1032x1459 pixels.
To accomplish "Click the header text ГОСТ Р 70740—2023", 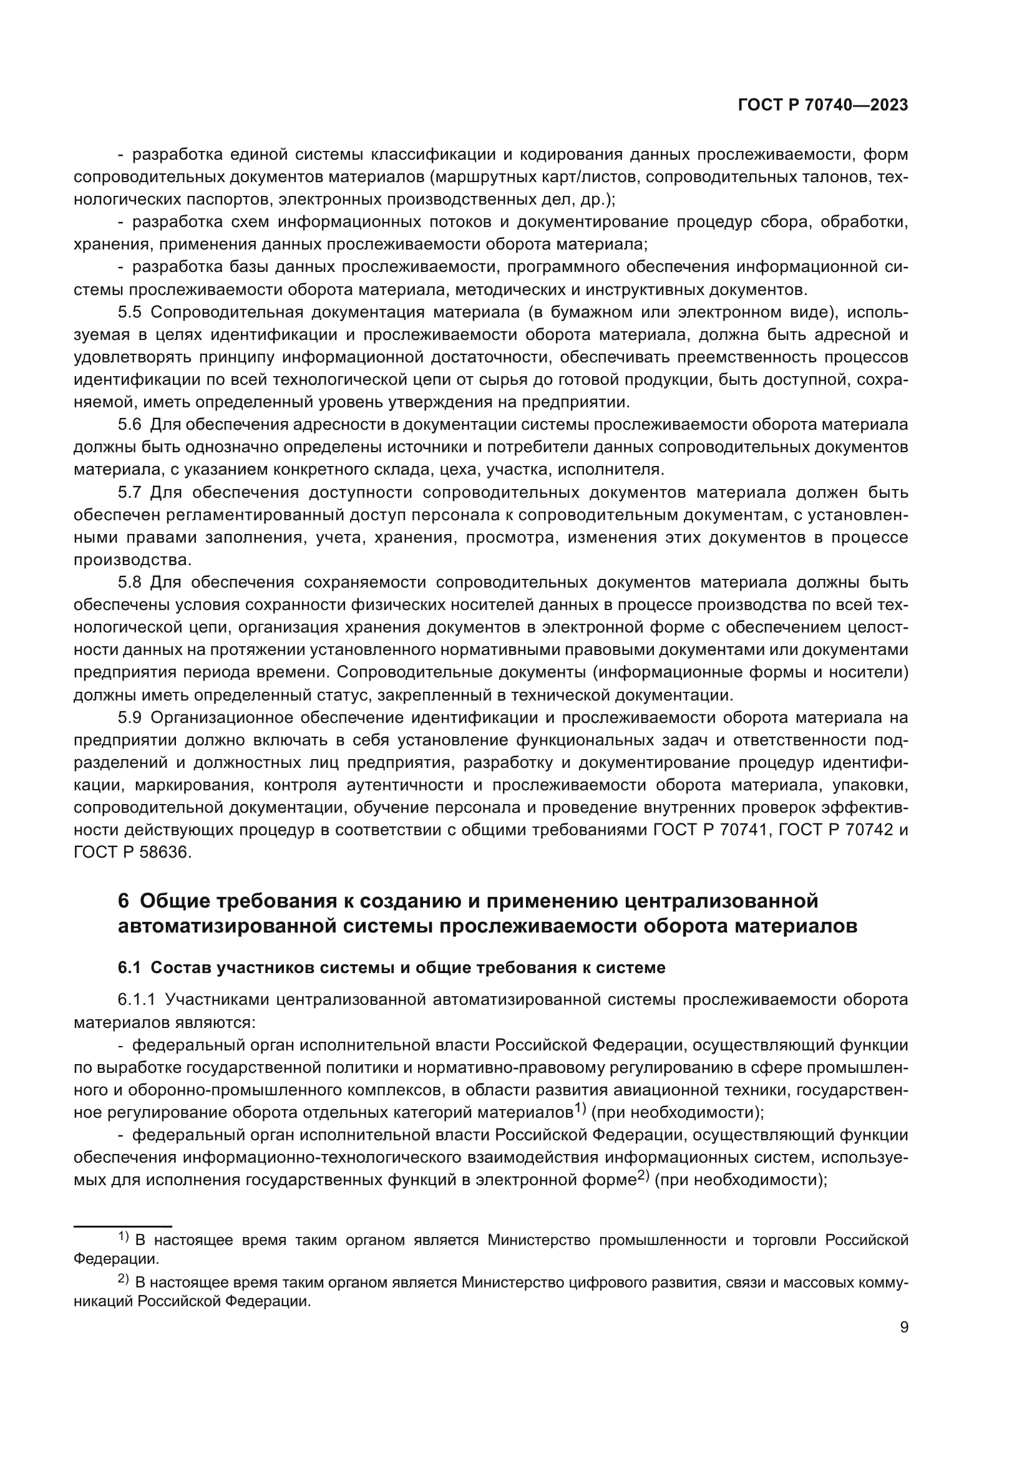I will click(823, 106).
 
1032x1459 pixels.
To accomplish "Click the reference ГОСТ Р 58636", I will click(132, 853).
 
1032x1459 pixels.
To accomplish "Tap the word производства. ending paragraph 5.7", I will click(132, 560).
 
